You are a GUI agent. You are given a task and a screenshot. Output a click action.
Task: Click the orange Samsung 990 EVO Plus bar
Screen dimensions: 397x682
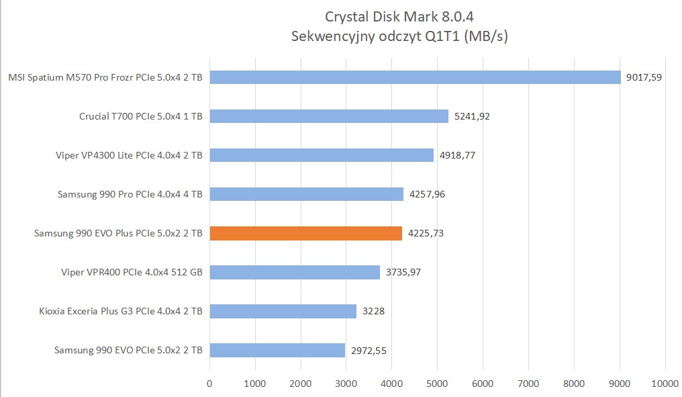306,233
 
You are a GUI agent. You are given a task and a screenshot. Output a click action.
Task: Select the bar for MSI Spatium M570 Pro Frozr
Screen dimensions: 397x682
415,77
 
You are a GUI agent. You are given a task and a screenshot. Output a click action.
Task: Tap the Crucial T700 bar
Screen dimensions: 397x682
329,116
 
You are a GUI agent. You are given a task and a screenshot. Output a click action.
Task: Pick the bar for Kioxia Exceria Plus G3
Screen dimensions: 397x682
283,311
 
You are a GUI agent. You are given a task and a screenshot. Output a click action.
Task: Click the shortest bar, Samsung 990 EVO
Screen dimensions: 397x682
277,350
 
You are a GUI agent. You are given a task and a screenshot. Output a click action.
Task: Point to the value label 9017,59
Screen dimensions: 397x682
644,77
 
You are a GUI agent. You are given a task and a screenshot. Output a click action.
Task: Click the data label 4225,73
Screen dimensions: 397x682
425,233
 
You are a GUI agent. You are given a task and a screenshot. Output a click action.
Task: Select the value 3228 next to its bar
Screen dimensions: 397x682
373,311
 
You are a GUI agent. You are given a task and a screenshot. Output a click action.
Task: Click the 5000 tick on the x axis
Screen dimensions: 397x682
437,383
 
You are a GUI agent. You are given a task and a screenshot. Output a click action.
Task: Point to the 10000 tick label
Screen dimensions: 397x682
665,383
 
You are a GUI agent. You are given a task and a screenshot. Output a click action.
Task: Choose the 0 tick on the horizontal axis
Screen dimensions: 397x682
210,383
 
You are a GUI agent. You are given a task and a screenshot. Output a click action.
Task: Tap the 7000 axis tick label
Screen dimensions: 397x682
528,383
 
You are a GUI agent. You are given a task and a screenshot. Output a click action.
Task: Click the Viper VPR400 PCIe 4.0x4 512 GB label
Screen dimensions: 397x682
132,272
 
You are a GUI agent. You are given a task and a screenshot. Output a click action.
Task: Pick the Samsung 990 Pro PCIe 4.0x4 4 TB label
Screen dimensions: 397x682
130,194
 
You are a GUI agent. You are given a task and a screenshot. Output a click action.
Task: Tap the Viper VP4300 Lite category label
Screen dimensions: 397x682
129,155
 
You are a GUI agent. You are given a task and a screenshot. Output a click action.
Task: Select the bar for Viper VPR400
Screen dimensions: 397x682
295,272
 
